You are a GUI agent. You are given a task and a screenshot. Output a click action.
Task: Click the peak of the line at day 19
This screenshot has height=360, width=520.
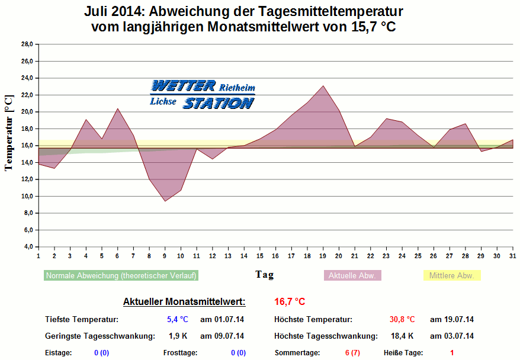[x=323, y=86]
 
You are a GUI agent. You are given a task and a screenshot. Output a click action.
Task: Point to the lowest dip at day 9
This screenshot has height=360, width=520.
[x=165, y=201]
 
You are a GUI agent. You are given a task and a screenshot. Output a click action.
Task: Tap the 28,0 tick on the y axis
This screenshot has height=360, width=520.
[x=27, y=44]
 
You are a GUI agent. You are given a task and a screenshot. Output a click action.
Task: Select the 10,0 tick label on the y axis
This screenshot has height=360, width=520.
[x=27, y=196]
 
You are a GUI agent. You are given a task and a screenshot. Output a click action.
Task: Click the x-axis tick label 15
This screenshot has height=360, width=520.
[x=259, y=255]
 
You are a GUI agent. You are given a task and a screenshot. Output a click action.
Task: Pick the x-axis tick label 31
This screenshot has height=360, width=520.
[x=512, y=255]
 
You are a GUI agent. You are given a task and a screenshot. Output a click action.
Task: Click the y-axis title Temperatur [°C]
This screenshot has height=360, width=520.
[x=8, y=133]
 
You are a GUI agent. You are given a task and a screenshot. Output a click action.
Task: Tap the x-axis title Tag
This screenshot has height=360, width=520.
[x=265, y=274]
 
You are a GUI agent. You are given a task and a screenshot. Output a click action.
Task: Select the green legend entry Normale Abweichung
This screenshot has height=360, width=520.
[x=121, y=275]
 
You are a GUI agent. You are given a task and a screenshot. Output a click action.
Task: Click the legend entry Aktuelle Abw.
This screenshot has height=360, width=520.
[x=353, y=275]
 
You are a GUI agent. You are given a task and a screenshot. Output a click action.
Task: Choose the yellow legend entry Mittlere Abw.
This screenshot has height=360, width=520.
[x=452, y=275]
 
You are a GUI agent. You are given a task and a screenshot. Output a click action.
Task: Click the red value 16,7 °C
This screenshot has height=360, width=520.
[x=290, y=302]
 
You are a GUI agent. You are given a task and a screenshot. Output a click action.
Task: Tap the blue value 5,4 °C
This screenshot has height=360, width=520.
[x=177, y=320]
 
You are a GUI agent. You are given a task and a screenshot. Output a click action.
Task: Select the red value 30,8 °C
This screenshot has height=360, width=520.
[x=402, y=320]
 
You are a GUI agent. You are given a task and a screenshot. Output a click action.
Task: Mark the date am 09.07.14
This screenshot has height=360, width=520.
[x=222, y=336]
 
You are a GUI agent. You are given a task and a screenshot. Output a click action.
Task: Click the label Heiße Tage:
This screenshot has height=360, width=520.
[x=403, y=353]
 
